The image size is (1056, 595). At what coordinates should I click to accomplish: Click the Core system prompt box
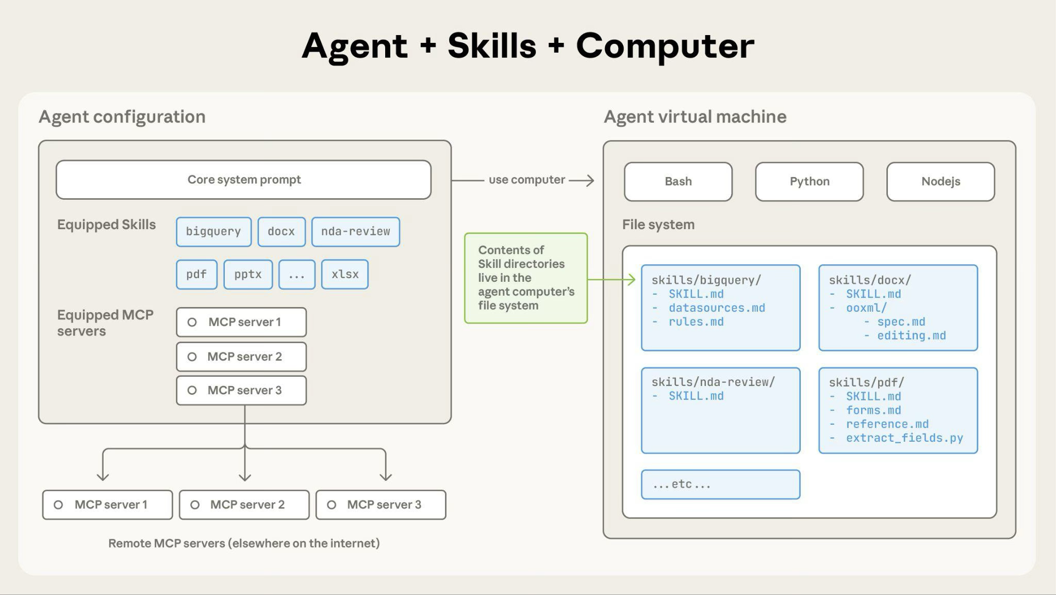[243, 180]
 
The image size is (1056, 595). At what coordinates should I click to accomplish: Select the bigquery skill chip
[213, 232]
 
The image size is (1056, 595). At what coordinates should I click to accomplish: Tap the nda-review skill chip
[355, 232]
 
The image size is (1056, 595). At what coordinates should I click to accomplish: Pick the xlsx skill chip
[344, 275]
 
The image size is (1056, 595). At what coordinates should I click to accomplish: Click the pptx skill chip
[248, 275]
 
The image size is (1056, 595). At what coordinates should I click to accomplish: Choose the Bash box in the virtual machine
[678, 182]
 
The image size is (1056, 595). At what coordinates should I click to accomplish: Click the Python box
[809, 182]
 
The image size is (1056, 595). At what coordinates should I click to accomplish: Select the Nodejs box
[940, 182]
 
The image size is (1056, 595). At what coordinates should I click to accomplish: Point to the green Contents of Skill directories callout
[525, 278]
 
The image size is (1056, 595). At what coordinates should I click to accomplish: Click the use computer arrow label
[526, 180]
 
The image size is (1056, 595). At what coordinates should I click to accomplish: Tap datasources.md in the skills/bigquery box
[717, 308]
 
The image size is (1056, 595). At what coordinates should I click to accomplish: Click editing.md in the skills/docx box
[911, 336]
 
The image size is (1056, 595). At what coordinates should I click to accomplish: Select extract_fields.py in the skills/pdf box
[904, 438]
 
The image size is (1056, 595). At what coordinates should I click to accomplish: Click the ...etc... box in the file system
[720, 485]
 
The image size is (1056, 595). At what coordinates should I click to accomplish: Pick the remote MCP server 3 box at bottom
[381, 505]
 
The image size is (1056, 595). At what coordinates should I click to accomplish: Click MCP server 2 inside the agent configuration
[241, 357]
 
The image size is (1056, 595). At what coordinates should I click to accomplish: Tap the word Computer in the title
[665, 46]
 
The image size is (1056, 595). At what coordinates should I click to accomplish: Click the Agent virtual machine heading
[695, 117]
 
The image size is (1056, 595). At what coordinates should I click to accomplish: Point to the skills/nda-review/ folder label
[713, 382]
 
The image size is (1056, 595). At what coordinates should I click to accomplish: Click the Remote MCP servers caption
[244, 543]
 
